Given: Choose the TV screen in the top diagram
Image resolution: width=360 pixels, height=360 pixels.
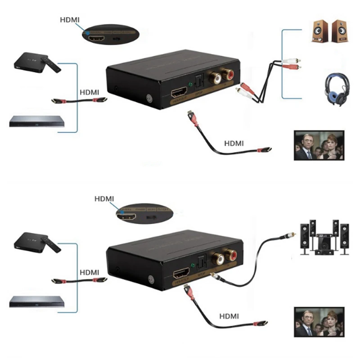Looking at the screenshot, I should coord(319,145).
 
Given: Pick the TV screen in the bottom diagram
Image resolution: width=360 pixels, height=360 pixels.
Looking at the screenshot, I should coord(319,322).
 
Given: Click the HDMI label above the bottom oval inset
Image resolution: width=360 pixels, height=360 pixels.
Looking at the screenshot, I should coord(104,198).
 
